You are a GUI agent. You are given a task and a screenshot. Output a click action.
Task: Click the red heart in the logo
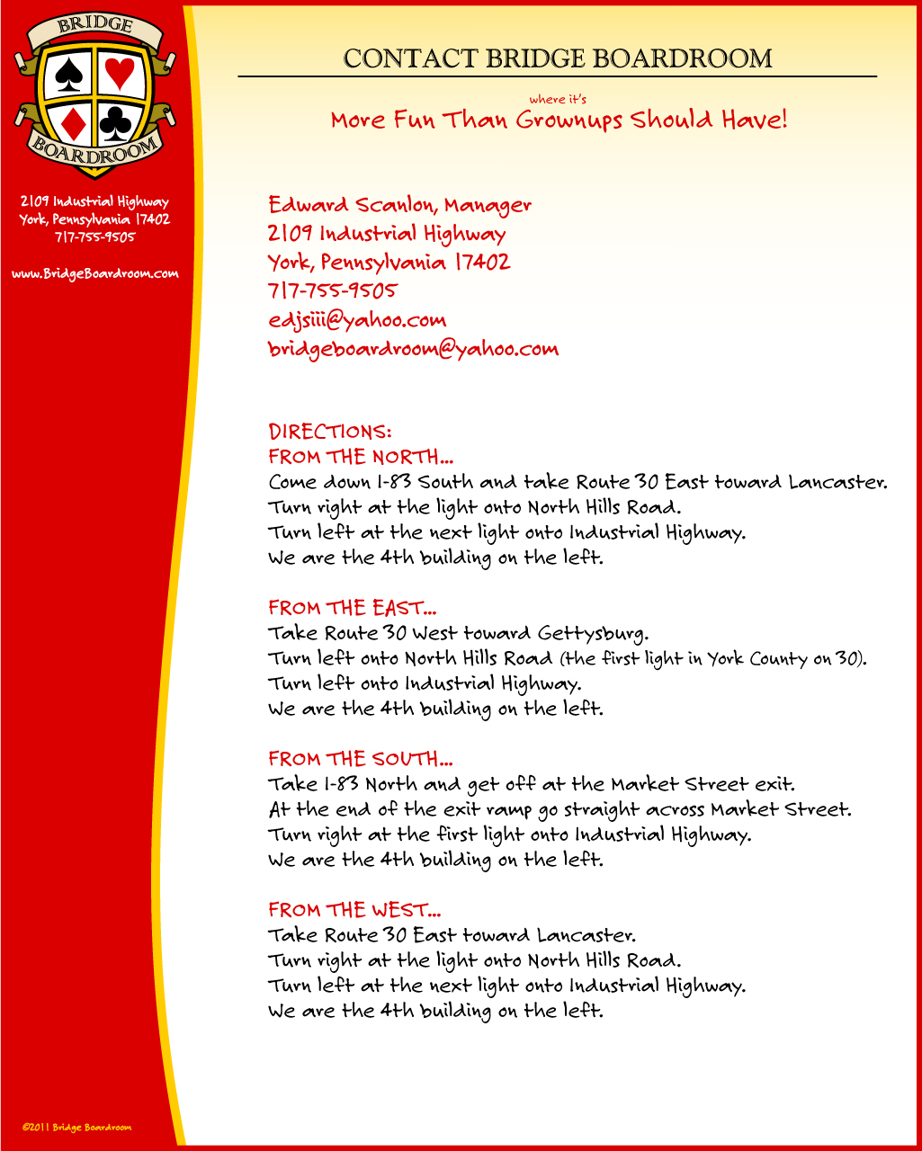[119, 73]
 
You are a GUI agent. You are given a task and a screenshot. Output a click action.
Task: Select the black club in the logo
[116, 123]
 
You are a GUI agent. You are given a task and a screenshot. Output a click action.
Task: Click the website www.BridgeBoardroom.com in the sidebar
[94, 273]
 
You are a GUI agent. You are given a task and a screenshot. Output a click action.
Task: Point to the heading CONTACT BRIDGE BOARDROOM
[558, 59]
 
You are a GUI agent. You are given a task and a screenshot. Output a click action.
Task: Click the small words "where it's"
[558, 100]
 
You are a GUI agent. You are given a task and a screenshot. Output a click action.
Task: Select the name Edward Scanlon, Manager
[400, 205]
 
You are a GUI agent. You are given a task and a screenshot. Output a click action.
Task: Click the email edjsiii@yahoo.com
[357, 320]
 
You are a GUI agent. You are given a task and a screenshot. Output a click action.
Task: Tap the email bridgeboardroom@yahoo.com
[413, 349]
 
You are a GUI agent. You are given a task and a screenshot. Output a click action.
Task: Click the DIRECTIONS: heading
[330, 432]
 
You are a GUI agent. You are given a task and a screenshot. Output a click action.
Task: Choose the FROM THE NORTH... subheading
[354, 457]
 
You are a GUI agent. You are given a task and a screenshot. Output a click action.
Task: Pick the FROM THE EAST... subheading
[353, 608]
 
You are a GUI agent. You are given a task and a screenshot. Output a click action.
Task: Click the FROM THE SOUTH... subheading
[354, 759]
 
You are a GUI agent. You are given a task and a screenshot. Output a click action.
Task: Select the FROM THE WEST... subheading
[354, 910]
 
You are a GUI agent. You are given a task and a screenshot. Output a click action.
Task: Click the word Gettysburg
[593, 634]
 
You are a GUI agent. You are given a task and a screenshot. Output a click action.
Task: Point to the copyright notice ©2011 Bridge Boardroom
[77, 1127]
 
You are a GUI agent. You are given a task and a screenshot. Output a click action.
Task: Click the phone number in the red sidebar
[94, 237]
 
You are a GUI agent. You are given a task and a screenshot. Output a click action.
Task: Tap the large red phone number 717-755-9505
[332, 291]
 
